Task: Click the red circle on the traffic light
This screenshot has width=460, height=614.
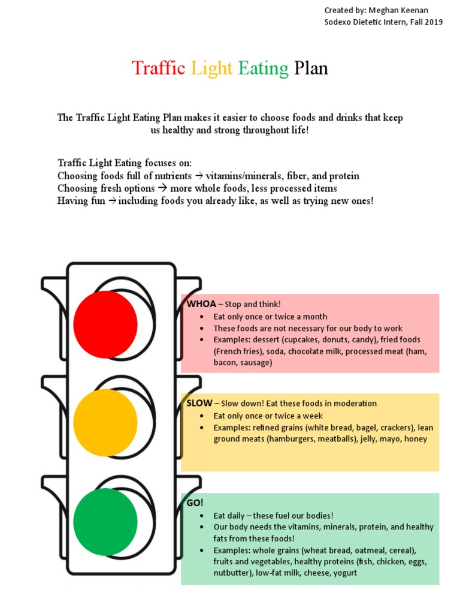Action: point(105,324)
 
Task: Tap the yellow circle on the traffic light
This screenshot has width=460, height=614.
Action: point(105,423)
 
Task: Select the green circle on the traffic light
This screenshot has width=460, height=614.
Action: point(105,522)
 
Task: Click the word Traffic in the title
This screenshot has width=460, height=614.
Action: point(159,68)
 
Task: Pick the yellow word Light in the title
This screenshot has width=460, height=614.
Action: point(211,68)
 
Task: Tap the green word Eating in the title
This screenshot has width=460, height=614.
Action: point(264,68)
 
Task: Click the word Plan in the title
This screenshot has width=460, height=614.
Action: point(311,68)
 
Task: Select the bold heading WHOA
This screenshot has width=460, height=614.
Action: point(201,304)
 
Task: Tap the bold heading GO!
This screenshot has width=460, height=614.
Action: point(195,503)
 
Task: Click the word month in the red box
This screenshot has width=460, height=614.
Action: point(315,317)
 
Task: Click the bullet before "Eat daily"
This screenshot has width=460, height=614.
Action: point(205,516)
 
